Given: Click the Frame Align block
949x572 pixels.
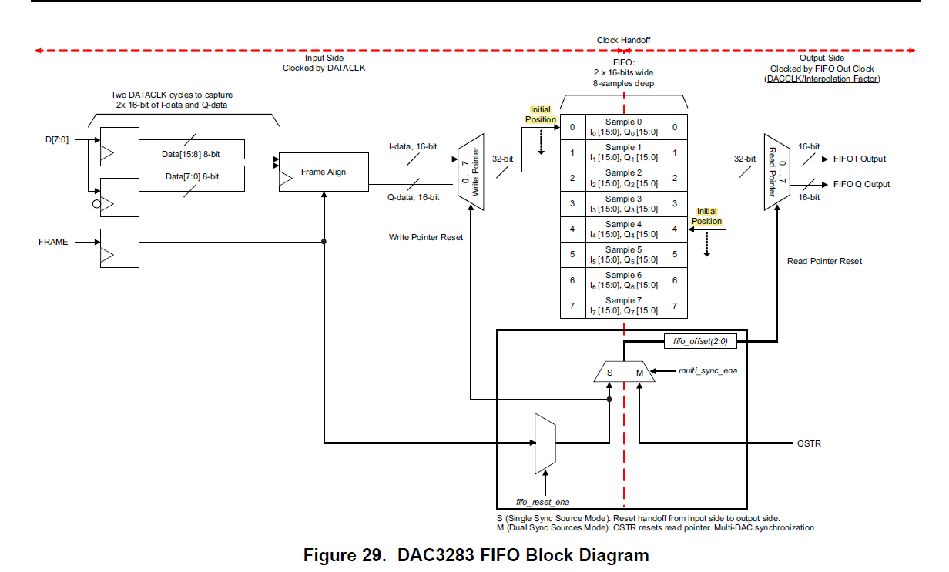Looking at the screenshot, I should tap(323, 172).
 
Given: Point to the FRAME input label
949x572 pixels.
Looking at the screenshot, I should tap(53, 242).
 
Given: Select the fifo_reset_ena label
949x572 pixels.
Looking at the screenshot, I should tap(542, 502).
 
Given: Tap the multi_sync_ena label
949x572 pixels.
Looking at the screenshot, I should tap(707, 371).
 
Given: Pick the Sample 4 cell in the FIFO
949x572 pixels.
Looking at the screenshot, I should tap(623, 229).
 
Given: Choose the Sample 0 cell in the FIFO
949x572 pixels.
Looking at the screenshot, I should tap(623, 127).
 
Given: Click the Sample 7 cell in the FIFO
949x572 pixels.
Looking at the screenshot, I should tap(623, 306).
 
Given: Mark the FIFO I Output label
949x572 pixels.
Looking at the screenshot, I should tap(859, 159).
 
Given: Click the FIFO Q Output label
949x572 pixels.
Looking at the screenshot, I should tap(860, 184).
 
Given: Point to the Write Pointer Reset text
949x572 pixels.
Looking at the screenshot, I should tap(426, 237).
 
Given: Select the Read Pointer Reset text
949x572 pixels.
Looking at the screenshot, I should tap(824, 261).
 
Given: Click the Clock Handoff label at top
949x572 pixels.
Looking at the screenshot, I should tap(623, 40).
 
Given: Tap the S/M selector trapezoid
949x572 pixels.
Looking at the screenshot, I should tap(624, 372).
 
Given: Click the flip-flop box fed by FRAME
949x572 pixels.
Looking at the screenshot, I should tap(119, 248).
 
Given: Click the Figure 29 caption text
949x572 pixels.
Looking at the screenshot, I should tap(475, 555).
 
